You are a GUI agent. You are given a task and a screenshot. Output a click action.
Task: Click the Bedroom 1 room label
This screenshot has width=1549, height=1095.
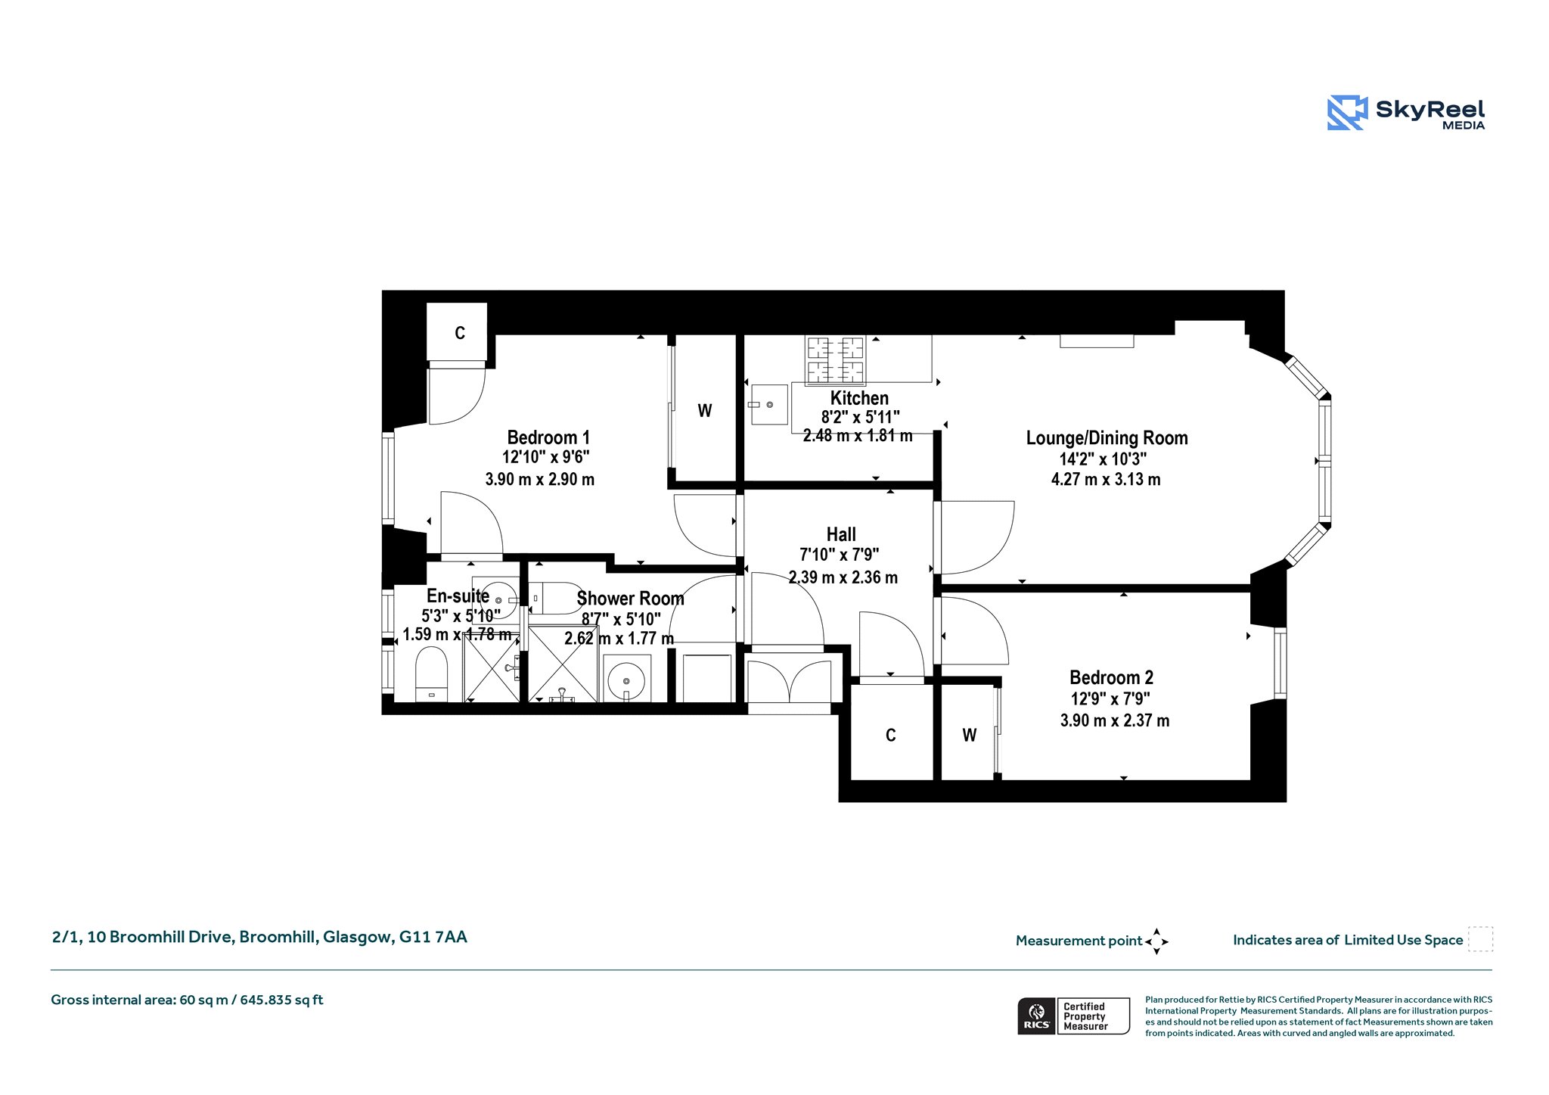click(x=548, y=437)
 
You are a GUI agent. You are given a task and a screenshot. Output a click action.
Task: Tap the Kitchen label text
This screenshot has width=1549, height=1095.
click(x=859, y=398)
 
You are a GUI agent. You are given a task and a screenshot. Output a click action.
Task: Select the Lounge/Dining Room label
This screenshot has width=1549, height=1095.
click(x=1107, y=438)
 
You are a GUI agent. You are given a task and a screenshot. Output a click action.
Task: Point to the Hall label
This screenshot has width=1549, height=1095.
click(x=841, y=534)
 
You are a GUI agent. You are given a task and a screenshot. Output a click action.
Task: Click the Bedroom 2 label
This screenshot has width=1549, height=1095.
click(x=1111, y=677)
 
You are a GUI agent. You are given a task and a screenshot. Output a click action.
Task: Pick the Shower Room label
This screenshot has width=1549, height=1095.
click(x=630, y=599)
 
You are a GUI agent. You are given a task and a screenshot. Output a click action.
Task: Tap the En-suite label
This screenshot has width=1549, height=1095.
click(x=458, y=596)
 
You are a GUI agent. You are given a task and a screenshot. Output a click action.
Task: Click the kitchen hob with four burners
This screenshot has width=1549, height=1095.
click(x=836, y=359)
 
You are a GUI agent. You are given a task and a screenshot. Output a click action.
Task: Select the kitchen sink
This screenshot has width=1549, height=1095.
click(x=769, y=405)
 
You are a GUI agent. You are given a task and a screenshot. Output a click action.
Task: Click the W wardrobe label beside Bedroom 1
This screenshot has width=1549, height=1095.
click(x=704, y=411)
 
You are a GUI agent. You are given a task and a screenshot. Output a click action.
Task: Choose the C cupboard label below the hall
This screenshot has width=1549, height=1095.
click(x=890, y=735)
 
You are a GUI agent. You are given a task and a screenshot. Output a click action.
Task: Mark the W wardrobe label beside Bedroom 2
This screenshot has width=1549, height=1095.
click(x=969, y=735)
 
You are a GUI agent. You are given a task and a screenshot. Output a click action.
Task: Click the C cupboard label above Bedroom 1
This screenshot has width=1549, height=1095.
click(x=459, y=333)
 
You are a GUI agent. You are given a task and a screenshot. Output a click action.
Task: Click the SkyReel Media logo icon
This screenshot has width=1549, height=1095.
click(x=1347, y=113)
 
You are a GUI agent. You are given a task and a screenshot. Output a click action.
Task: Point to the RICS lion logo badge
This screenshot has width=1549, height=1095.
click(x=1037, y=1016)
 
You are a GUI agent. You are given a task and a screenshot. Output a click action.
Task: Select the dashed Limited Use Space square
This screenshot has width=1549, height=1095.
click(x=1480, y=939)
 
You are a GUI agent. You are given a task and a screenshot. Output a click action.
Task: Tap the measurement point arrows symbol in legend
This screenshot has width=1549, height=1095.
click(x=1156, y=941)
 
